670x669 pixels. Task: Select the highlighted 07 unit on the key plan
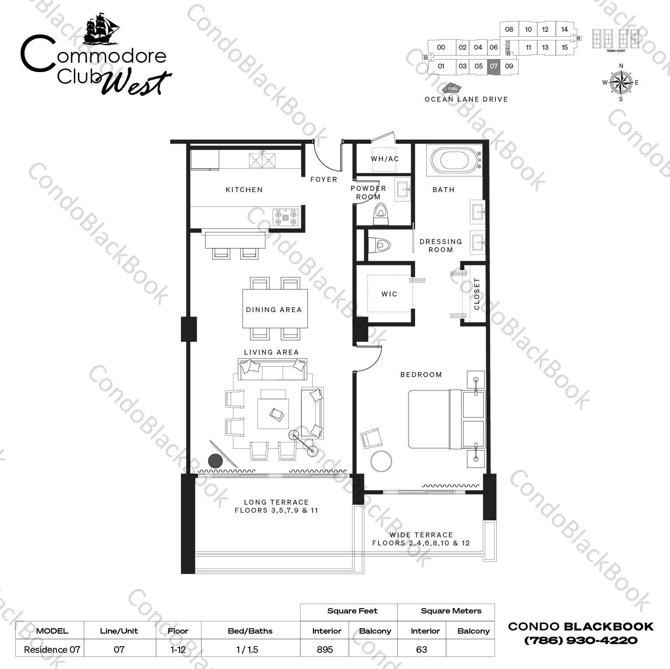point(494,66)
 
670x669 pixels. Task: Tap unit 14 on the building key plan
point(564,30)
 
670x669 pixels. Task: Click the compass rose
point(621,82)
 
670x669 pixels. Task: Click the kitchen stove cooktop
point(286,216)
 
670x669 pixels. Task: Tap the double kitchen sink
point(262,160)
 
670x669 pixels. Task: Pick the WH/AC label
point(385,159)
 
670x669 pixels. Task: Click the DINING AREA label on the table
point(274,310)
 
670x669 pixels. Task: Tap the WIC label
point(389,294)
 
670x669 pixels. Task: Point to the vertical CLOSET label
point(477,294)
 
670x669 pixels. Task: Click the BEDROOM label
point(421,375)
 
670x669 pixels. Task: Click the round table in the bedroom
point(381,460)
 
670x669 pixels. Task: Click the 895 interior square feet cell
point(325,649)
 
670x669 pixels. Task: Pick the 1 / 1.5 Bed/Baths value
point(247,649)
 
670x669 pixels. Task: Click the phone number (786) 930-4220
point(581,640)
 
